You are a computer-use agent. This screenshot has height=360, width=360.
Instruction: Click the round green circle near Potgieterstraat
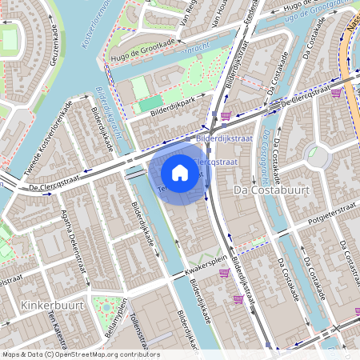pos(319,155)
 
